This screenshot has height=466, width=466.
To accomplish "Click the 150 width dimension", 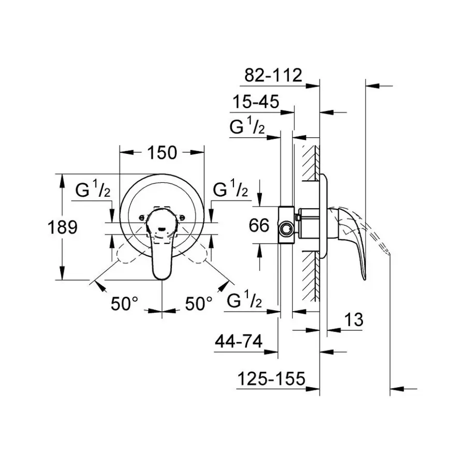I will click(x=162, y=153).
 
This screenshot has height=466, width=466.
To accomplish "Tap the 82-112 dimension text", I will click(x=272, y=76).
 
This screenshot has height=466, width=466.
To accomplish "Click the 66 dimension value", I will click(x=259, y=226).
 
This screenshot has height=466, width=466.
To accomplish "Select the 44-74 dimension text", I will click(x=238, y=342).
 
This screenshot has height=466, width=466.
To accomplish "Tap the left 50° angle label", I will click(x=125, y=304).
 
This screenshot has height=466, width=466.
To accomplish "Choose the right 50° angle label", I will click(x=199, y=304).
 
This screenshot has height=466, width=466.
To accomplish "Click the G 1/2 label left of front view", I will click(x=93, y=191).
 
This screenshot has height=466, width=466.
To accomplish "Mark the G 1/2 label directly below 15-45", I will click(x=247, y=127).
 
